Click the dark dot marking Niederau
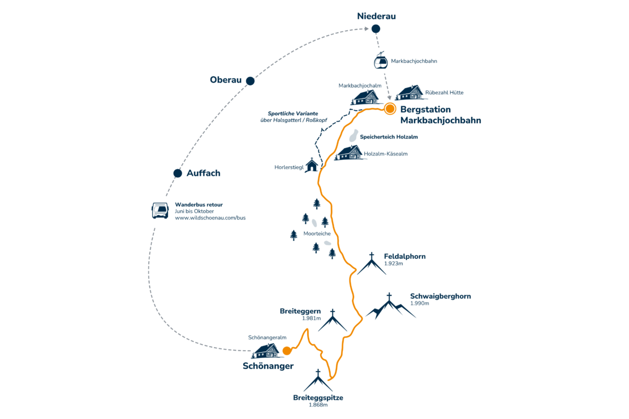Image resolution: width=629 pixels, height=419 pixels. point(376,28)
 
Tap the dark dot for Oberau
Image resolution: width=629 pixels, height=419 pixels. point(250,81)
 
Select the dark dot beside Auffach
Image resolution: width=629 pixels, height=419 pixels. point(178,174)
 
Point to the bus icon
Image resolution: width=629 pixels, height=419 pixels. point(160,210)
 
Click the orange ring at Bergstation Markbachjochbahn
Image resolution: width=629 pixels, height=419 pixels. point(390,109)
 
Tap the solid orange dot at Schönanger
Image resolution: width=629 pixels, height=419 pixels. point(287,351)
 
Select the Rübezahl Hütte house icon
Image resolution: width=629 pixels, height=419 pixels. point(410,93)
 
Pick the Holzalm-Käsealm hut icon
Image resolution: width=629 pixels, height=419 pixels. point(349,153)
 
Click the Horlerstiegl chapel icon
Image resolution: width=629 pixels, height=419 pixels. point(312,165)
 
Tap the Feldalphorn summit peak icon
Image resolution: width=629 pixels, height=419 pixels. point(372,264)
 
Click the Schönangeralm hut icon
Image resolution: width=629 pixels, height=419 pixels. point(266,351)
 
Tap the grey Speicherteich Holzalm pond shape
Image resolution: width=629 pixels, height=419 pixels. point(353,136)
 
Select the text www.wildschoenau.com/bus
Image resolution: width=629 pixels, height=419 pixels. point(210,218)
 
